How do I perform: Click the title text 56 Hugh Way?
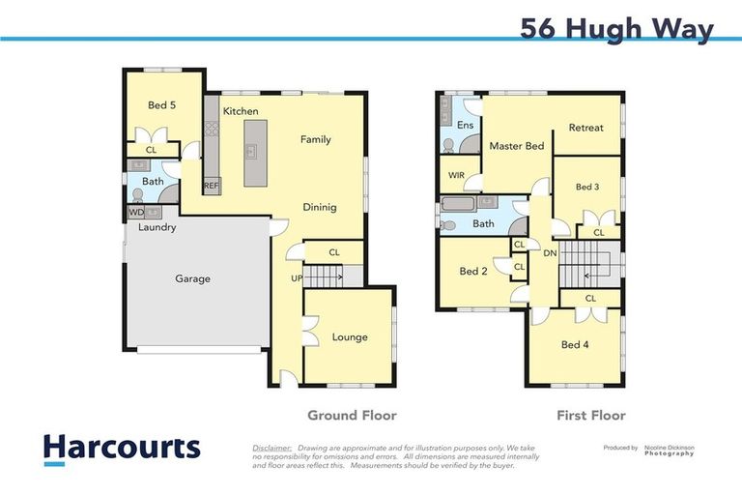point(616,28)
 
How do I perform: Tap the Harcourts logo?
point(122,448)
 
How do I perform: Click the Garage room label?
point(192,278)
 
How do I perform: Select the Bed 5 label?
point(160,104)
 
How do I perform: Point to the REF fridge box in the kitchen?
point(211,186)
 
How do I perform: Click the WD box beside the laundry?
point(136,212)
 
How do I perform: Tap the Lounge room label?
point(350,337)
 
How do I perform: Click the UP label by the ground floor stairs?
point(297,279)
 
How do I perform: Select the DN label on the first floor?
point(550,253)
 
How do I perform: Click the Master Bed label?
point(516,146)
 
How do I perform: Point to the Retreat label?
point(585,128)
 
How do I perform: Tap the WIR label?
point(457,175)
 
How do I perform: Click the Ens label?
point(465,125)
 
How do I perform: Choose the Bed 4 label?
point(574,344)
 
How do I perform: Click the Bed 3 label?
point(587,187)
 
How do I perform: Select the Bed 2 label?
point(472,272)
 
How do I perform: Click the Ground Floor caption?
point(352,415)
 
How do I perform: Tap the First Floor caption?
point(590,415)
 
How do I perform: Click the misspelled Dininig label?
point(319,207)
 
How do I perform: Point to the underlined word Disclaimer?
point(272,449)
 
